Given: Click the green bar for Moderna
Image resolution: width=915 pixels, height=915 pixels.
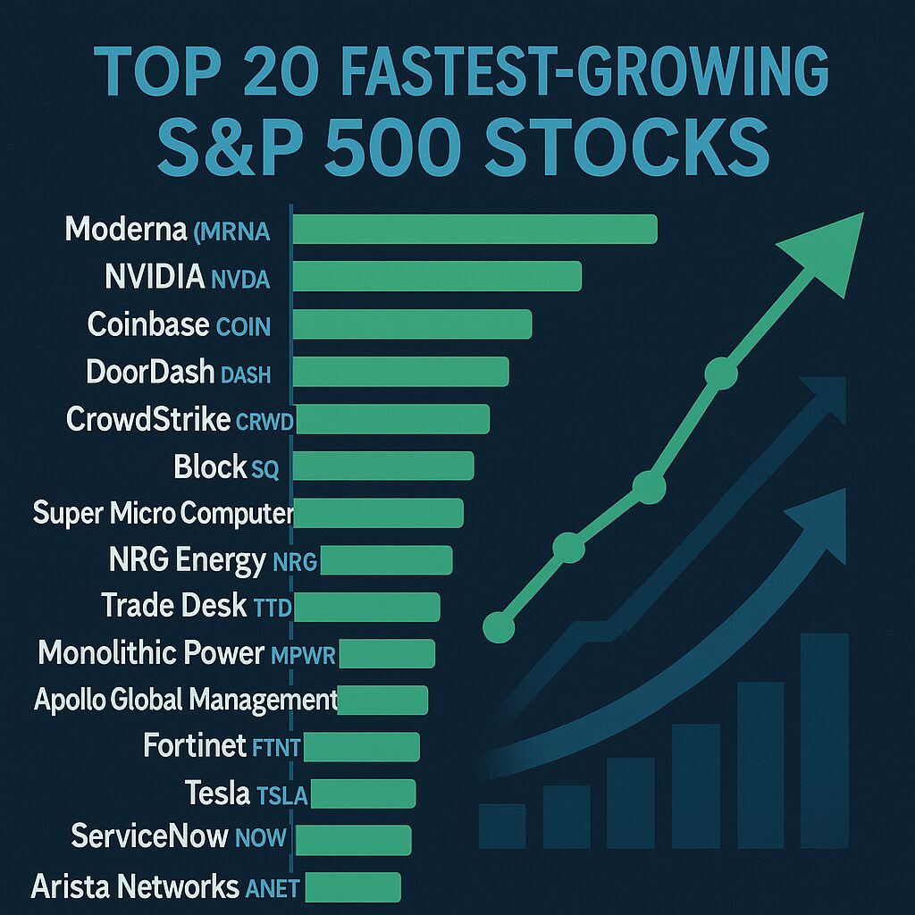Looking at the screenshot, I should pos(474,230).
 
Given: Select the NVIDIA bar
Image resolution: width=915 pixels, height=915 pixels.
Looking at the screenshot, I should pos(437,277).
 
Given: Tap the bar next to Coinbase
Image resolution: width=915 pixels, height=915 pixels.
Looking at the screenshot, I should pos(412,324).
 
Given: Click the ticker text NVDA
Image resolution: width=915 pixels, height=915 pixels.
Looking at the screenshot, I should pos(240,279).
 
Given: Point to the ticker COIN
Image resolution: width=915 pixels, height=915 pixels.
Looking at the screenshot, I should pos(244,326).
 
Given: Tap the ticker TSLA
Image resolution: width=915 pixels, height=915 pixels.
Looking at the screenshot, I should pos(281,794).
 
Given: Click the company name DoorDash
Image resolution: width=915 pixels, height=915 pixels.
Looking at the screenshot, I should pos(150,372).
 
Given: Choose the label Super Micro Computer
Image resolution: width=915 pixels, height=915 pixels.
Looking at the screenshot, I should pos(163,514).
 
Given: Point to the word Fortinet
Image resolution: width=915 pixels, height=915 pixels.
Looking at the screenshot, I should pos(194,744).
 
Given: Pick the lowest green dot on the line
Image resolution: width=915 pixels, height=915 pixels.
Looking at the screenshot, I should pos(499,625).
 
